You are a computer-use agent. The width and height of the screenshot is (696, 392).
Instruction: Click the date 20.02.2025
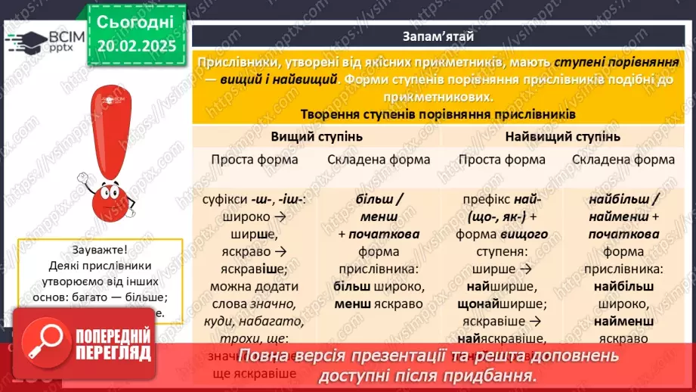point(135,45)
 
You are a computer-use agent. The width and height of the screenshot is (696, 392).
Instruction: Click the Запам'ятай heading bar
point(439,36)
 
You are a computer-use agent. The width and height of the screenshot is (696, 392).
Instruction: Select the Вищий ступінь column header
point(317,137)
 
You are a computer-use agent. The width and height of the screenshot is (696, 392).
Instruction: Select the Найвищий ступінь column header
point(562,137)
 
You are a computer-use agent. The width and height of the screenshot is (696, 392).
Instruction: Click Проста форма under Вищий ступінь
point(254,160)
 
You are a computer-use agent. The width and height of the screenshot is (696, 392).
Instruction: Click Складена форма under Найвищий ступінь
point(623,160)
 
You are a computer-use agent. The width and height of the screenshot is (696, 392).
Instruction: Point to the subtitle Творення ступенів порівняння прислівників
point(439,114)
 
